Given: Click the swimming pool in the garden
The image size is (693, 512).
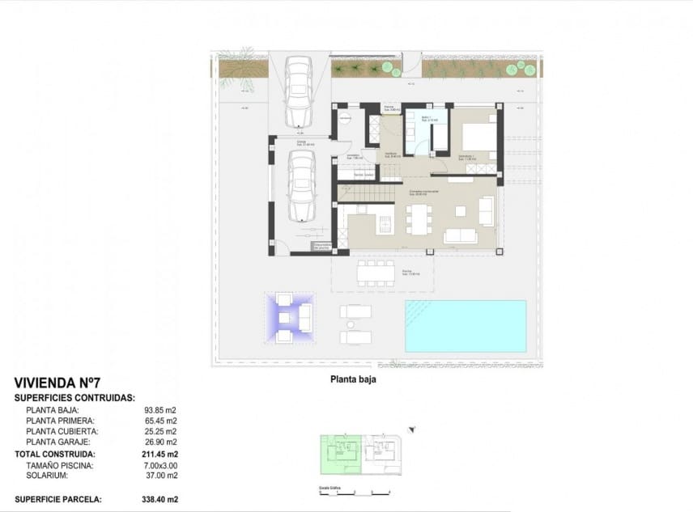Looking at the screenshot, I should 465,326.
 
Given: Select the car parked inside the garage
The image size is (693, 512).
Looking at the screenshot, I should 302,186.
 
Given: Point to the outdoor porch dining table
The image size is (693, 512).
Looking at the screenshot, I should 376,272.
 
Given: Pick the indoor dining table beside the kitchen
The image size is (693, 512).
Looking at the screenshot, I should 419,218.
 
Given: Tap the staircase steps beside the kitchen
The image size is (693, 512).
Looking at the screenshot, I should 363,193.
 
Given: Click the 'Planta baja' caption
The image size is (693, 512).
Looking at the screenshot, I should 352,378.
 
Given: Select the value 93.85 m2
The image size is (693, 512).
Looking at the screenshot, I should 160,409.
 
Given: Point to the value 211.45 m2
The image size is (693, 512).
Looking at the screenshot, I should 159,455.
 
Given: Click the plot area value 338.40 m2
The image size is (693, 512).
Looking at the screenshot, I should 159,500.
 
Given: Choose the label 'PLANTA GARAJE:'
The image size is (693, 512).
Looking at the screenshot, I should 60,442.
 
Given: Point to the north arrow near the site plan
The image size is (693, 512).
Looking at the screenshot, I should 412,429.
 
